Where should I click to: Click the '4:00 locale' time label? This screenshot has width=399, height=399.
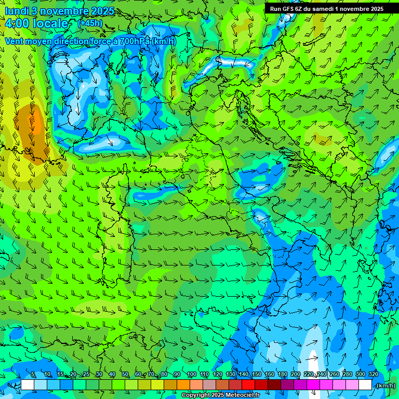pyautogui.click(x=36, y=23)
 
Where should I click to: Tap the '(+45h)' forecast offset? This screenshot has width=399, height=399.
pyautogui.click(x=90, y=23)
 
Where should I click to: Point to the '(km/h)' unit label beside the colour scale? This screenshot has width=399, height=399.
pyautogui.click(x=385, y=385)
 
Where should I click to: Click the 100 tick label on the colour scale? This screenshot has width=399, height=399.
pyautogui.click(x=191, y=375)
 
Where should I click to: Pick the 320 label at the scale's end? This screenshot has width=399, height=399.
pyautogui.click(x=373, y=375)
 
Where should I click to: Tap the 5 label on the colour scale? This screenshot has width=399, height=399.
pyautogui.click(x=33, y=375)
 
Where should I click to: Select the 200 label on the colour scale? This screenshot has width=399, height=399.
pyautogui.click(x=295, y=375)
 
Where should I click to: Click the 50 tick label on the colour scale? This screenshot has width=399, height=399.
pyautogui.click(x=125, y=375)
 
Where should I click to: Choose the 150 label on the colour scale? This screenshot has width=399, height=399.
pyautogui.click(x=256, y=375)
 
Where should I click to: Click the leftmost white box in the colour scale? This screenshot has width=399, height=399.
pyautogui.click(x=28, y=385)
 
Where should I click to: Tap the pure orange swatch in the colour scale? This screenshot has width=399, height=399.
pyautogui.click(x=183, y=385)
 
